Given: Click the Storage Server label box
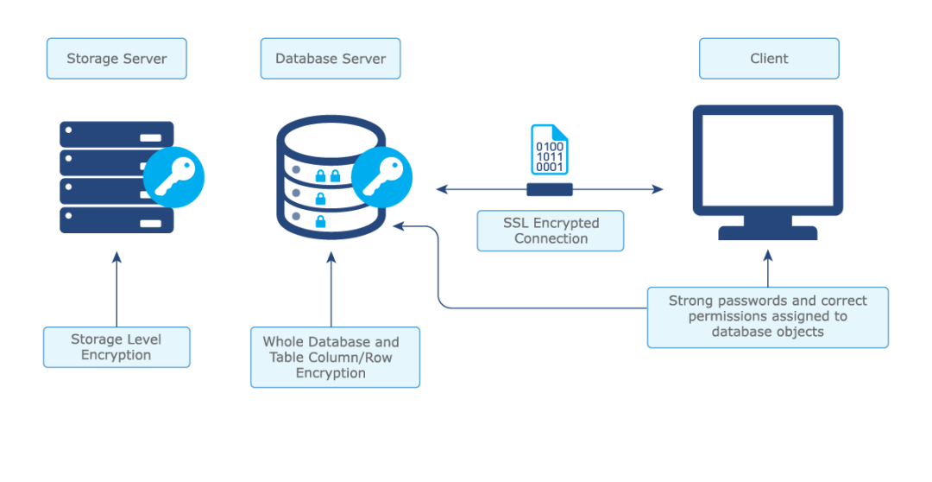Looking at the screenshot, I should pyautogui.click(x=116, y=59).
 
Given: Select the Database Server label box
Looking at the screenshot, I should pyautogui.click(x=331, y=59).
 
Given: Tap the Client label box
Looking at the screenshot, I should pyautogui.click(x=769, y=59).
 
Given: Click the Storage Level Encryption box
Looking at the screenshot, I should pyautogui.click(x=116, y=347).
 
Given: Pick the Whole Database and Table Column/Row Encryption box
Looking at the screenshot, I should pyautogui.click(x=335, y=357).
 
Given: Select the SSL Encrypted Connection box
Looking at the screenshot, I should pyautogui.click(x=551, y=231).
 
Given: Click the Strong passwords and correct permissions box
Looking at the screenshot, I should pyautogui.click(x=767, y=317).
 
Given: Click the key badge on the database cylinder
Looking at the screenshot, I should pyautogui.click(x=381, y=177).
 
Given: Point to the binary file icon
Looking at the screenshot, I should pyautogui.click(x=549, y=151).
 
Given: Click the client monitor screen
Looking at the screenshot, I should pyautogui.click(x=767, y=162).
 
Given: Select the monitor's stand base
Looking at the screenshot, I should pyautogui.click(x=767, y=232).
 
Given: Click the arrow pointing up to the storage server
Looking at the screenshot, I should pyautogui.click(x=116, y=289).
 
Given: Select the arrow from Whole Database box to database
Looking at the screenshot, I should pyautogui.click(x=331, y=289).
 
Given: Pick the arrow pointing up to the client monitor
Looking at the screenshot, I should pyautogui.click(x=767, y=268).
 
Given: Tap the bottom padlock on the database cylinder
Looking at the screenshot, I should pyautogui.click(x=320, y=222).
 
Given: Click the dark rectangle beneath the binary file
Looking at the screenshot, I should pyautogui.click(x=550, y=189).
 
